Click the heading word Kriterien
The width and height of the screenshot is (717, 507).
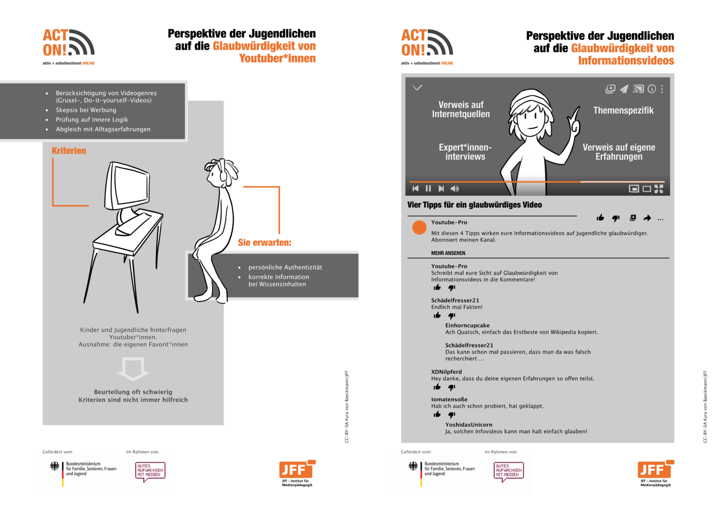[x=69, y=150]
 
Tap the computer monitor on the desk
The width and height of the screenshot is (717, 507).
[x=127, y=186]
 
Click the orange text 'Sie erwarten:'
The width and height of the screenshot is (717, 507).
[x=264, y=243]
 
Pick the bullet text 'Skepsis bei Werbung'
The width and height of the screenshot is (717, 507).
[x=86, y=110]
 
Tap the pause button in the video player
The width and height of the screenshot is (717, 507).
[x=428, y=189]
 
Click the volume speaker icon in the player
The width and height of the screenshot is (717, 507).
[x=455, y=189]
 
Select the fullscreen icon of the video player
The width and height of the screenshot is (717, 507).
[x=659, y=189]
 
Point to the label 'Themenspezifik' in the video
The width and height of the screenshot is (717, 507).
[x=623, y=111]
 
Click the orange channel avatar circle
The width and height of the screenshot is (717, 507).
[x=419, y=227]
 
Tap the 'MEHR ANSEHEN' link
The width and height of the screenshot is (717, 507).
[x=448, y=253]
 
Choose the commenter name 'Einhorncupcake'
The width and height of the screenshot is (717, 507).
[x=467, y=325]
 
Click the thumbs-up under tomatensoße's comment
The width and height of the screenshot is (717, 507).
[x=437, y=415]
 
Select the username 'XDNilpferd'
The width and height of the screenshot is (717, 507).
[x=446, y=372]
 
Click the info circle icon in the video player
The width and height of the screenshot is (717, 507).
[x=651, y=89]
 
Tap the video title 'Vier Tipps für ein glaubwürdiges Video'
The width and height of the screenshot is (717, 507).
[x=474, y=205]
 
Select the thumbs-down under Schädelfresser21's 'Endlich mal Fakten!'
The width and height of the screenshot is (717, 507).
[x=452, y=316]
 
